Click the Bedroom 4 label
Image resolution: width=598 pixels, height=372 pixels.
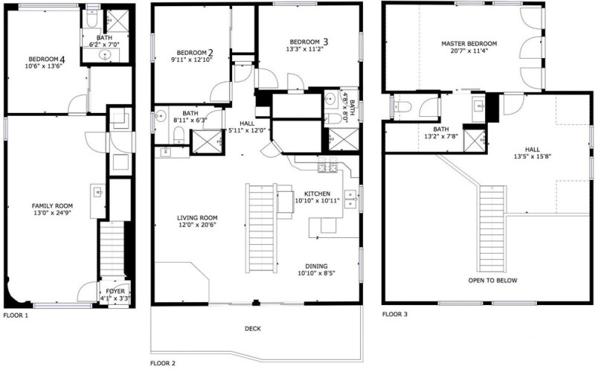point(47,59)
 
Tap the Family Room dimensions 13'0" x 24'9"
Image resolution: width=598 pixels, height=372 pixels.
point(52,213)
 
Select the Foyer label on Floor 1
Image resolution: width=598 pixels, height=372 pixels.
point(115,291)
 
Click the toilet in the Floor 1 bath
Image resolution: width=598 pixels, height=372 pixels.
point(92,19)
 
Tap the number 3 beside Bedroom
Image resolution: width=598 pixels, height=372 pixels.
point(325,41)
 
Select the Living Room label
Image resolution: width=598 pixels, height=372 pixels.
point(197,218)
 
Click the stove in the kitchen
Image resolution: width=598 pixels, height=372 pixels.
point(327,165)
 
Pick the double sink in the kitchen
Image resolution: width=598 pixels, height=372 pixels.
point(350,199)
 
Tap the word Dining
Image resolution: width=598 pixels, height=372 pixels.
point(316,266)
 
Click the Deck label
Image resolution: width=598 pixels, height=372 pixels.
point(252,329)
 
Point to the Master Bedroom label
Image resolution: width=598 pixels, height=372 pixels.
point(469,43)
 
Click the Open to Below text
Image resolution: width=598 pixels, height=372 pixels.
point(492,280)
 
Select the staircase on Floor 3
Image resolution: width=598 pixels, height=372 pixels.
point(492,228)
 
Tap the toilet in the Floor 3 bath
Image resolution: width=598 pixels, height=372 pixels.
point(402,107)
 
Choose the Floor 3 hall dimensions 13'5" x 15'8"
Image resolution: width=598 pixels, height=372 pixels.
point(533,156)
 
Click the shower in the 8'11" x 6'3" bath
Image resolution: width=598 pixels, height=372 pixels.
point(206,141)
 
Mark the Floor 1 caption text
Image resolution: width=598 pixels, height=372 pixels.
point(16,315)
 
